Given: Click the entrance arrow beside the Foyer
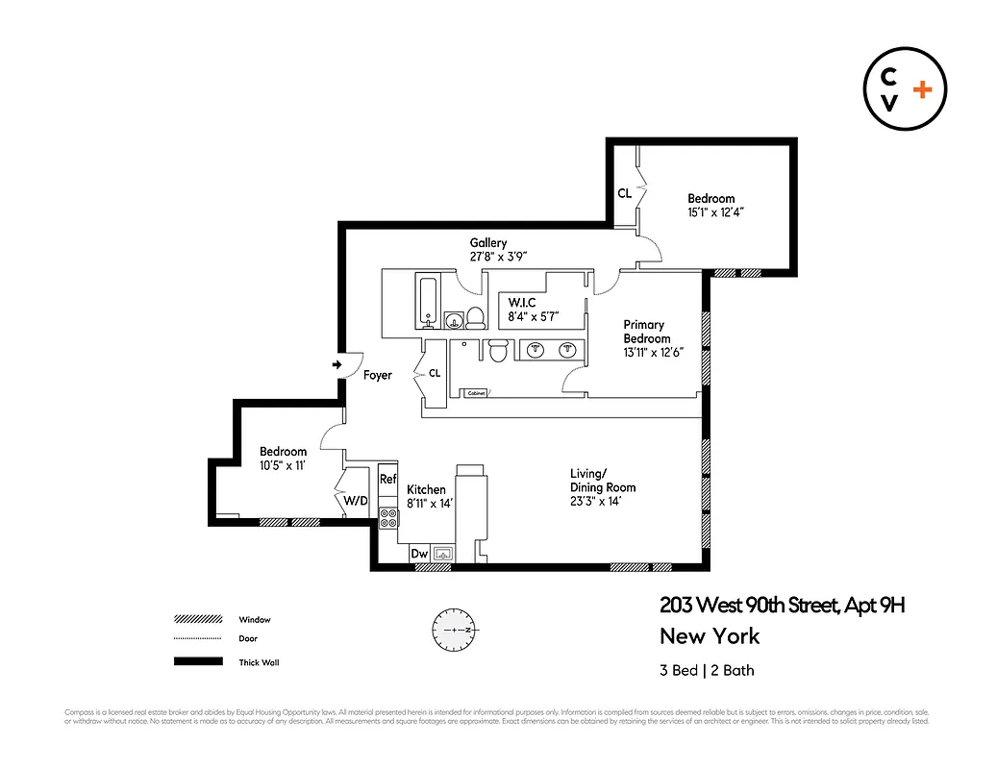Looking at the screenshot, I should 336,365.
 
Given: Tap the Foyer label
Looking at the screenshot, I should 378,375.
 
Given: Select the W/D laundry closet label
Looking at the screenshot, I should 356,500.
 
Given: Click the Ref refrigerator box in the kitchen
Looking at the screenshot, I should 387,479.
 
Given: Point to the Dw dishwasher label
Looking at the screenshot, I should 418,554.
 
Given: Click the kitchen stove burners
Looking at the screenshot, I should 388,519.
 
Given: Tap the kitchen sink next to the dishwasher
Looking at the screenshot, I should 444,553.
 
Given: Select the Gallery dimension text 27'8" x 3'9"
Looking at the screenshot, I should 498,257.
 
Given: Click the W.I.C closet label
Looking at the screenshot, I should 522,302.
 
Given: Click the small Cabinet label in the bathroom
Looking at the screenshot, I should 476,393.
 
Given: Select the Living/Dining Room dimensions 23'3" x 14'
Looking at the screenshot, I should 603,500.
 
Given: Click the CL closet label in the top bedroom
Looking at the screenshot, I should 624,193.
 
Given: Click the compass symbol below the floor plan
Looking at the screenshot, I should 453,629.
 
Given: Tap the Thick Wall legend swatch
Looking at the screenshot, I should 197,661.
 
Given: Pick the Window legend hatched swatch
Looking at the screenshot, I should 197,619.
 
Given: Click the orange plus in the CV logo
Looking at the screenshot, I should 922,89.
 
